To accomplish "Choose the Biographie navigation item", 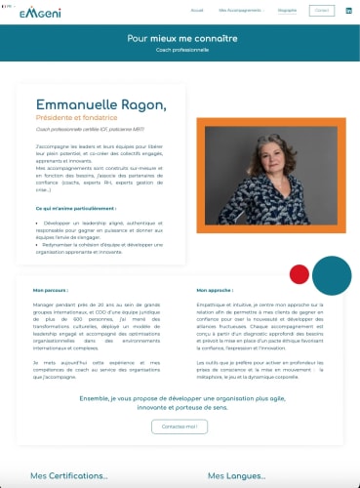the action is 287,10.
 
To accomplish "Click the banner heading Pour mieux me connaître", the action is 181,38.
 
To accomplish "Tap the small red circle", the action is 300,273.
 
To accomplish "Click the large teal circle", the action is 332,274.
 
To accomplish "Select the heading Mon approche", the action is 213,290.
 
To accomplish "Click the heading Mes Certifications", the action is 68,476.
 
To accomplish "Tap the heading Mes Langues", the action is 238,476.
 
